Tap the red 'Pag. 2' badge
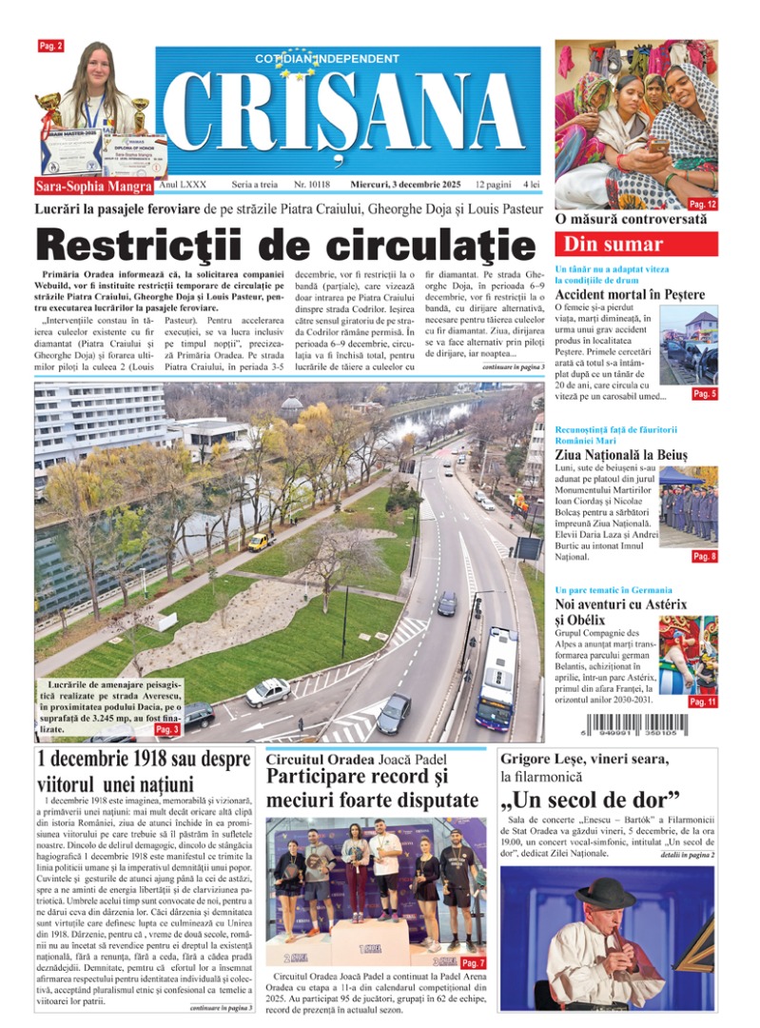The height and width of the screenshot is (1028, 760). point(50,46)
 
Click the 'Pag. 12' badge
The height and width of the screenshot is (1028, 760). point(703,204)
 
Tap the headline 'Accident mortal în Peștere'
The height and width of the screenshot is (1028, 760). point(629,294)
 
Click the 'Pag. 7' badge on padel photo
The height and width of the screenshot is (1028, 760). point(473,963)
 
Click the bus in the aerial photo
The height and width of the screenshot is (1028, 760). point(497,676)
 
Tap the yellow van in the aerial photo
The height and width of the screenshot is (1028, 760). point(259,541)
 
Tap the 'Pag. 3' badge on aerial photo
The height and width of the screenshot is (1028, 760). point(166,729)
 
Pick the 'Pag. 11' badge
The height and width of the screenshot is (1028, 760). point(703,702)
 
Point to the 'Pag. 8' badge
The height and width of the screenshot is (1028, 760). point(704,556)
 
